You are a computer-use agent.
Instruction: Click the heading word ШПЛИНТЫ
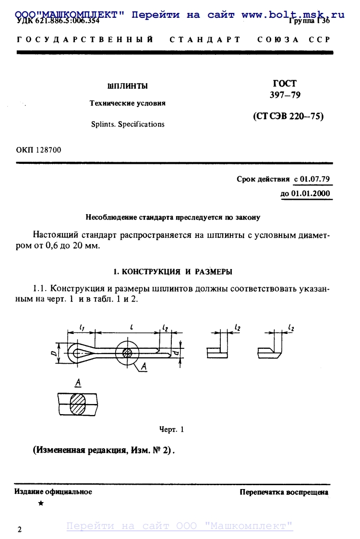click(x=127, y=86)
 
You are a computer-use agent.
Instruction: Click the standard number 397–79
click(x=285, y=95)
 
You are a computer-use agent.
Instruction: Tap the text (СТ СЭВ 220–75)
click(x=288, y=116)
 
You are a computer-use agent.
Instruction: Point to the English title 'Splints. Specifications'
click(x=128, y=124)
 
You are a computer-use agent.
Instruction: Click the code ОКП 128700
click(x=39, y=150)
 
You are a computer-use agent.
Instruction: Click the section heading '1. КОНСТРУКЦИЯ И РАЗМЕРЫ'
click(x=173, y=272)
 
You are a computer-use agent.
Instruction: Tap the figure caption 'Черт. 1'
click(x=171, y=429)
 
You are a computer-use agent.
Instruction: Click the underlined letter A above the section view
click(x=77, y=383)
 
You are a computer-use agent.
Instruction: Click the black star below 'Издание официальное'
click(x=41, y=503)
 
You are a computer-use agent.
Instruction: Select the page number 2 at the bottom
click(x=19, y=530)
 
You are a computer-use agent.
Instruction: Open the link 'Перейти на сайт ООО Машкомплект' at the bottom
click(x=180, y=526)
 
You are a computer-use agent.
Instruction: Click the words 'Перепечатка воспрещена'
click(x=284, y=492)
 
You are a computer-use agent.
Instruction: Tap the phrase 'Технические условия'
click(x=128, y=103)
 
